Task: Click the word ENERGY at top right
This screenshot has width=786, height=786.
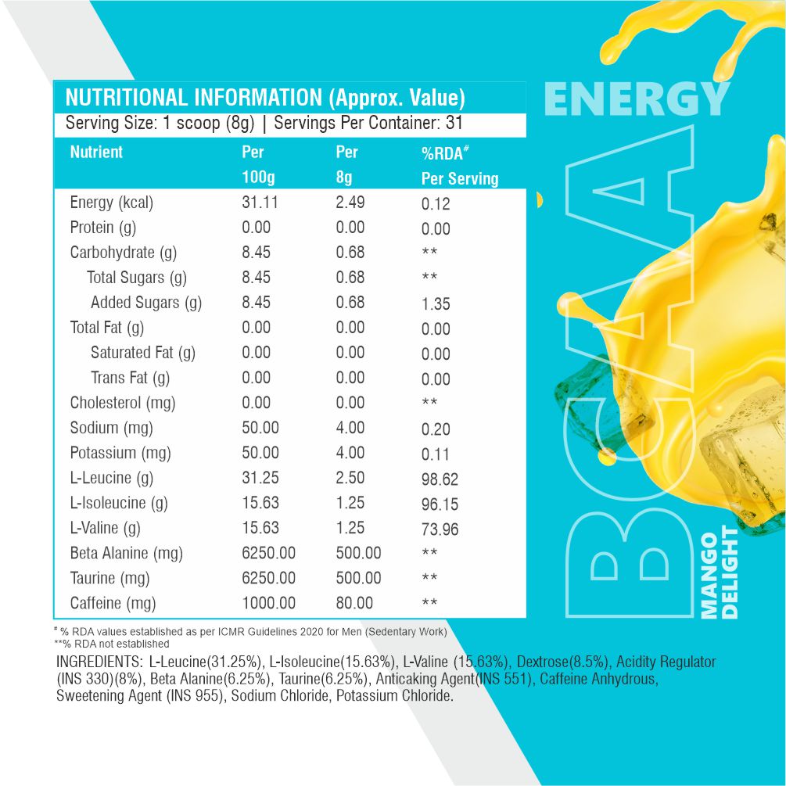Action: tap(636, 99)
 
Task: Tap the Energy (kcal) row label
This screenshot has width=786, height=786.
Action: tap(111, 203)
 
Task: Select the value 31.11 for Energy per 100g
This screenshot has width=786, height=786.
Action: tap(260, 203)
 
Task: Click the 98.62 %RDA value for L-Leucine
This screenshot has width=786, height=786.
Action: tap(440, 479)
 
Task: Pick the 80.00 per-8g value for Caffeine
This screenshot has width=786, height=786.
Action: tap(350, 603)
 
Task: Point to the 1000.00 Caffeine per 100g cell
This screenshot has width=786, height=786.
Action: tap(269, 603)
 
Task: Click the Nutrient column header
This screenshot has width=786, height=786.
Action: tap(96, 152)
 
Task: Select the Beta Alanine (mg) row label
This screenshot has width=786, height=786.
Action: tap(126, 553)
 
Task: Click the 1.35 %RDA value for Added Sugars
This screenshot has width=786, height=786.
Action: tap(436, 304)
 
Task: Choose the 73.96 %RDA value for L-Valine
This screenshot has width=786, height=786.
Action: tap(440, 529)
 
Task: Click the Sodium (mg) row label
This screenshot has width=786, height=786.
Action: tap(111, 428)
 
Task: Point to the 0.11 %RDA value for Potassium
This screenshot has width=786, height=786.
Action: tap(436, 454)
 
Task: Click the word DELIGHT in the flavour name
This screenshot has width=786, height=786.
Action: tap(730, 572)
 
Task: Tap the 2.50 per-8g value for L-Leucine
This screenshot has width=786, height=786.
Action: tap(350, 478)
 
